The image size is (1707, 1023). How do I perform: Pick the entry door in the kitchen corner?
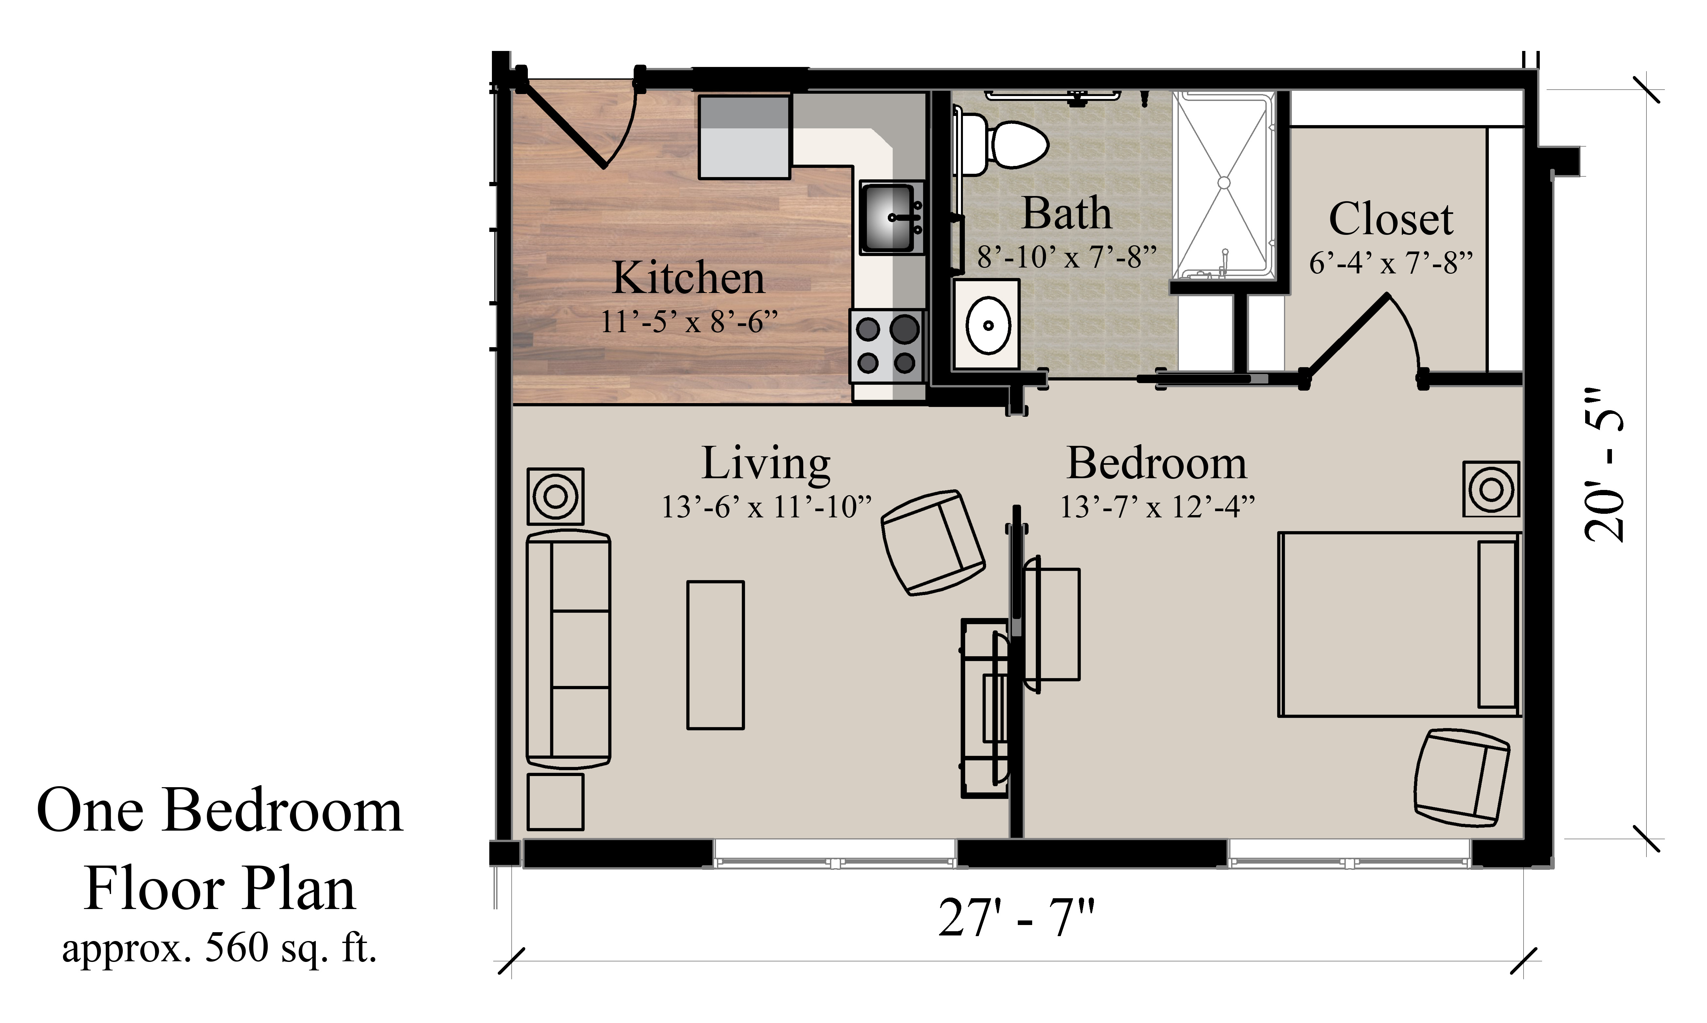pyautogui.click(x=579, y=124)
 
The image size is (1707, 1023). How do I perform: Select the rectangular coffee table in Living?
pyautogui.click(x=715, y=655)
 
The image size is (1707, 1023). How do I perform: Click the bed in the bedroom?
pyautogui.click(x=1399, y=624)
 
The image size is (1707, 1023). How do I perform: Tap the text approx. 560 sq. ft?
pyautogui.click(x=219, y=949)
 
